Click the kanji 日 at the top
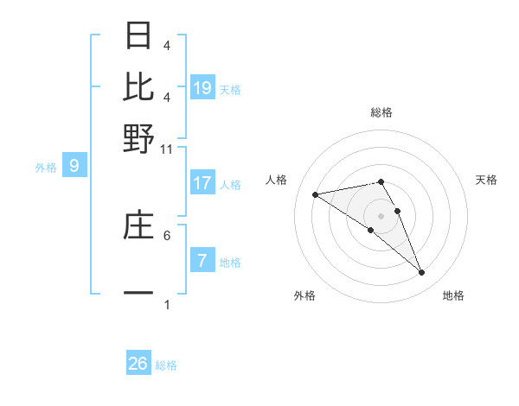pos(139,36)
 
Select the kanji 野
pos(139,138)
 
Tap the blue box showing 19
pos(202,87)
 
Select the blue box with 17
pos(202,183)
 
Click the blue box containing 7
pos(202,261)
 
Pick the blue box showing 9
pos(74,166)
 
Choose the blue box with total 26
pos(138,364)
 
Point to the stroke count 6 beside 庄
pos(167,234)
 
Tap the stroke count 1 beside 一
pos(167,304)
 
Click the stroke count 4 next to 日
pos(167,45)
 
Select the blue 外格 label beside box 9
pos(46,168)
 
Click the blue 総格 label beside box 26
pos(166,365)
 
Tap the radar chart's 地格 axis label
pos(453,295)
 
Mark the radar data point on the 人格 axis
pos(316,194)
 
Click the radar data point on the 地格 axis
pos(421,272)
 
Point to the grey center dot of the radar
pos(381,215)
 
